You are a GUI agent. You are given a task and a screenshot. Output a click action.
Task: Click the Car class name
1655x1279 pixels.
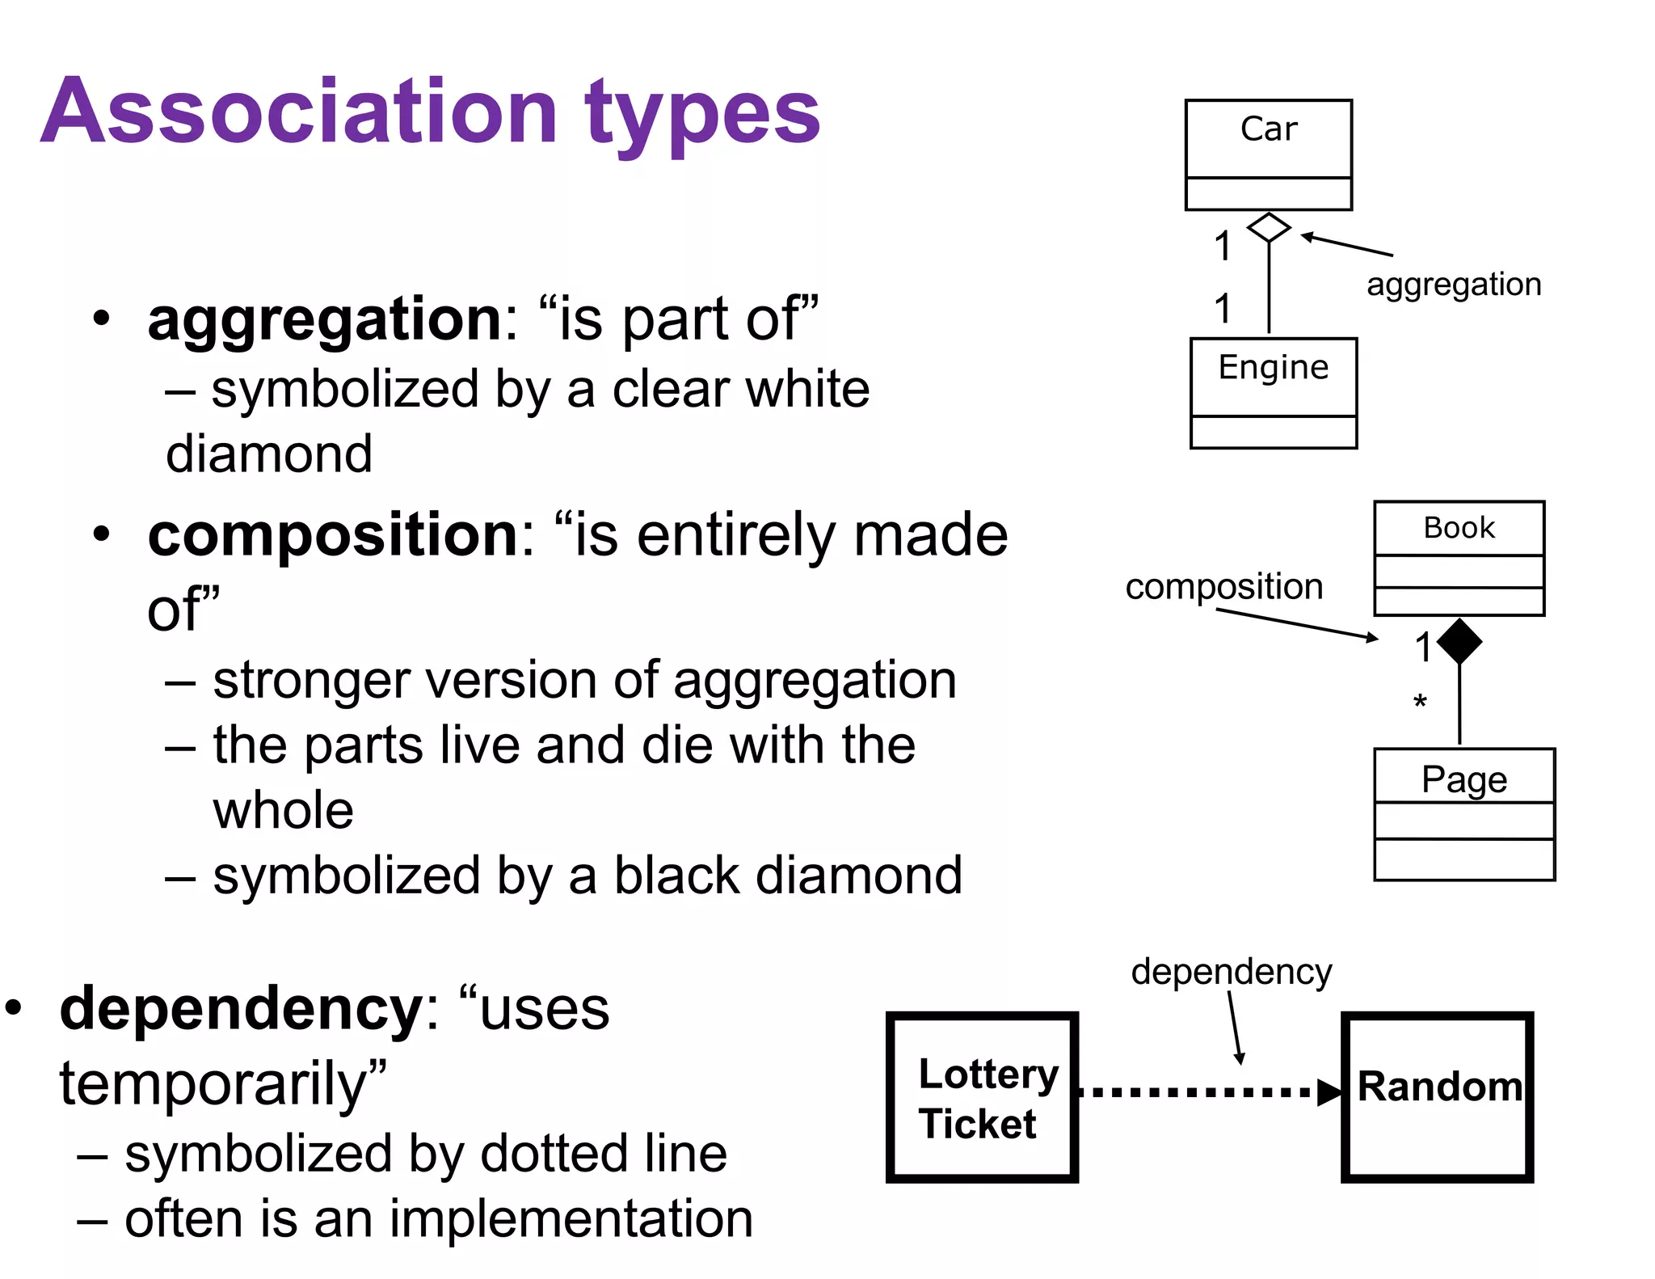[x=1268, y=129]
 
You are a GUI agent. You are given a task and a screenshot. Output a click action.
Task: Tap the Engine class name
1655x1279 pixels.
[x=1273, y=368]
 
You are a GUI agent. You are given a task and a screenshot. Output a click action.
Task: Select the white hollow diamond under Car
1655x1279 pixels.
[x=1269, y=228]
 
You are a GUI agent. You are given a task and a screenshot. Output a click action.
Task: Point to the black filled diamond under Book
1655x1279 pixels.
[x=1459, y=641]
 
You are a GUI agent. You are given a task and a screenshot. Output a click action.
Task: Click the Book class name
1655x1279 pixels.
[x=1459, y=528]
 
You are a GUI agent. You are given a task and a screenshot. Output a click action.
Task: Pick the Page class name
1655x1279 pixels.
[x=1463, y=780]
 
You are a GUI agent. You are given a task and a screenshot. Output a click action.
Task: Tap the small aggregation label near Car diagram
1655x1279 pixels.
[x=1454, y=285]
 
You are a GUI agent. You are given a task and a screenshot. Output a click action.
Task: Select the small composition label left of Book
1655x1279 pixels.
[x=1223, y=586]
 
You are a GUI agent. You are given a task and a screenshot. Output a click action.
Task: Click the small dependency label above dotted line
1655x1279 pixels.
[x=1231, y=971]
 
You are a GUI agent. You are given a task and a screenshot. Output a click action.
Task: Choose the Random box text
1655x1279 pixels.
[x=1439, y=1086]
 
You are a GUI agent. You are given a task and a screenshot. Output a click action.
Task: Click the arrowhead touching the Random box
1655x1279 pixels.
[x=1329, y=1092]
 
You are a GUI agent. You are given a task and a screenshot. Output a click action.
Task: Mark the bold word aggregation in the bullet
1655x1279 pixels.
[x=325, y=319]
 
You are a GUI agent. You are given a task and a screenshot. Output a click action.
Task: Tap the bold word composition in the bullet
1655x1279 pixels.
[x=333, y=535]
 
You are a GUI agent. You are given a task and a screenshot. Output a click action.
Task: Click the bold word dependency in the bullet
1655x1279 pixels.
[x=241, y=1009]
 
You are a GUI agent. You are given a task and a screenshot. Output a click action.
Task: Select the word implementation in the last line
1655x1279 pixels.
[x=571, y=1218]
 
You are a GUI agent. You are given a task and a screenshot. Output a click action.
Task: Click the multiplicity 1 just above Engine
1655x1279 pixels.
[x=1223, y=309]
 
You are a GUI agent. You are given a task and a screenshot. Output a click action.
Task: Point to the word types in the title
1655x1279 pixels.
[x=701, y=113]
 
